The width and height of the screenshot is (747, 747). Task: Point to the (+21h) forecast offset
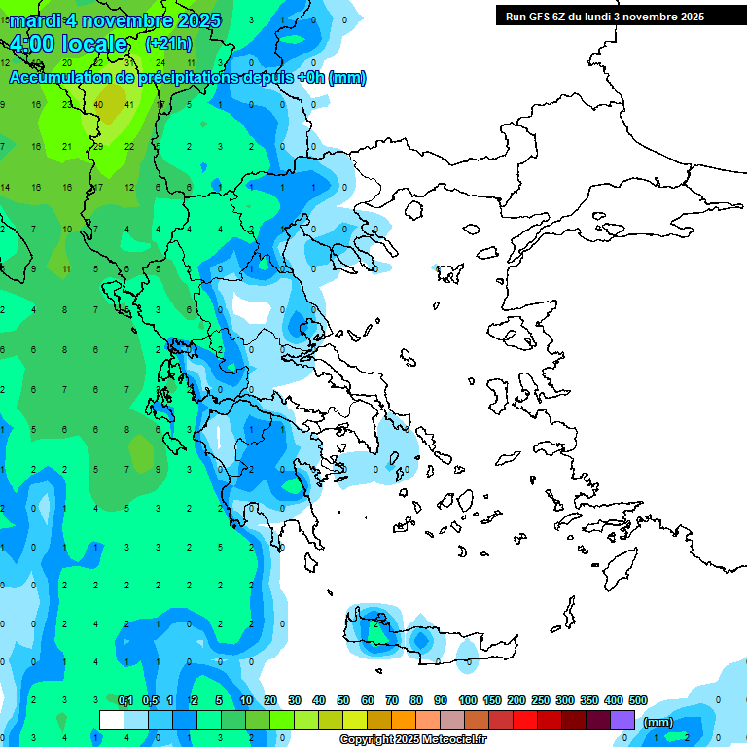[x=167, y=44]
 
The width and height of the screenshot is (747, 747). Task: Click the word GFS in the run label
[x=547, y=16]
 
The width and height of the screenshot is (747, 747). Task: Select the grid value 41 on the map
[x=129, y=104]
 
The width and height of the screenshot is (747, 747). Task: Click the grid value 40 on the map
[x=99, y=104]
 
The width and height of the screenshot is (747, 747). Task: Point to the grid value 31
[x=129, y=62]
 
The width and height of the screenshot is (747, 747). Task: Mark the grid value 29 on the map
[x=98, y=146]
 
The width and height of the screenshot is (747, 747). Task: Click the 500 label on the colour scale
[x=638, y=701]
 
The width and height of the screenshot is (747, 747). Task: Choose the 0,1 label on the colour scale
[x=124, y=701]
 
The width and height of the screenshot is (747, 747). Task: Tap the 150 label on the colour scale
[x=492, y=701]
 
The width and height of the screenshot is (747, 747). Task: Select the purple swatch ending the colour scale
[x=622, y=721]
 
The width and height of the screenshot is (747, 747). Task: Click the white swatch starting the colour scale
[x=112, y=721]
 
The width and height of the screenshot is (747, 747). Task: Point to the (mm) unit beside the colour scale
[x=658, y=722]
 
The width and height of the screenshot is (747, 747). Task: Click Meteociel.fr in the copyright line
[x=438, y=740]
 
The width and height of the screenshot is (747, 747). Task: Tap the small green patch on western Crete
[x=374, y=626]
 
